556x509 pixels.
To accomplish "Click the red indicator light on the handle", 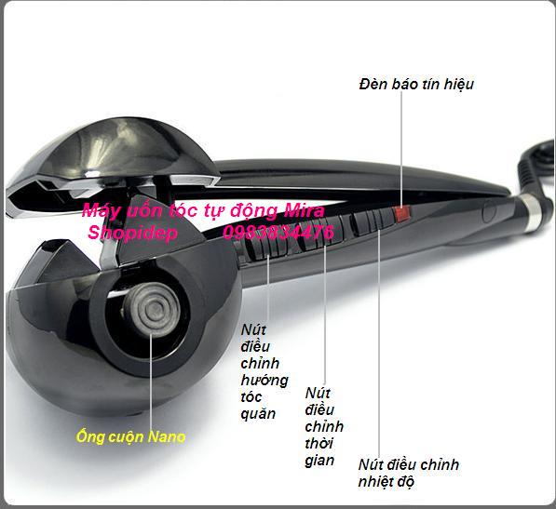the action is tap(402, 213).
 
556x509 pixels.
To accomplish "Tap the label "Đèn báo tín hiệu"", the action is tap(416, 85).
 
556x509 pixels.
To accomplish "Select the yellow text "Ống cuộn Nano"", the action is tap(130, 436).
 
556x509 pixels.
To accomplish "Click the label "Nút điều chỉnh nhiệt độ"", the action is tap(409, 473).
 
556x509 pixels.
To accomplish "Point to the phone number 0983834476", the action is tap(278, 233).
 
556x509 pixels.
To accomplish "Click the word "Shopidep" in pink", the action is tap(132, 233).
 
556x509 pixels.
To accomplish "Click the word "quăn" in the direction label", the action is tap(258, 414).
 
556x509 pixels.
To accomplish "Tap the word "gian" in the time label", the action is tap(319, 461).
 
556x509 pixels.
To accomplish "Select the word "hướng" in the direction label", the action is tap(264, 380).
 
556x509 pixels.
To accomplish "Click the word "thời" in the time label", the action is tap(319, 443).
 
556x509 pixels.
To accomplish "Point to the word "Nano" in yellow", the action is tap(167, 436).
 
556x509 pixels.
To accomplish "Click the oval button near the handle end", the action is tap(489, 212).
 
